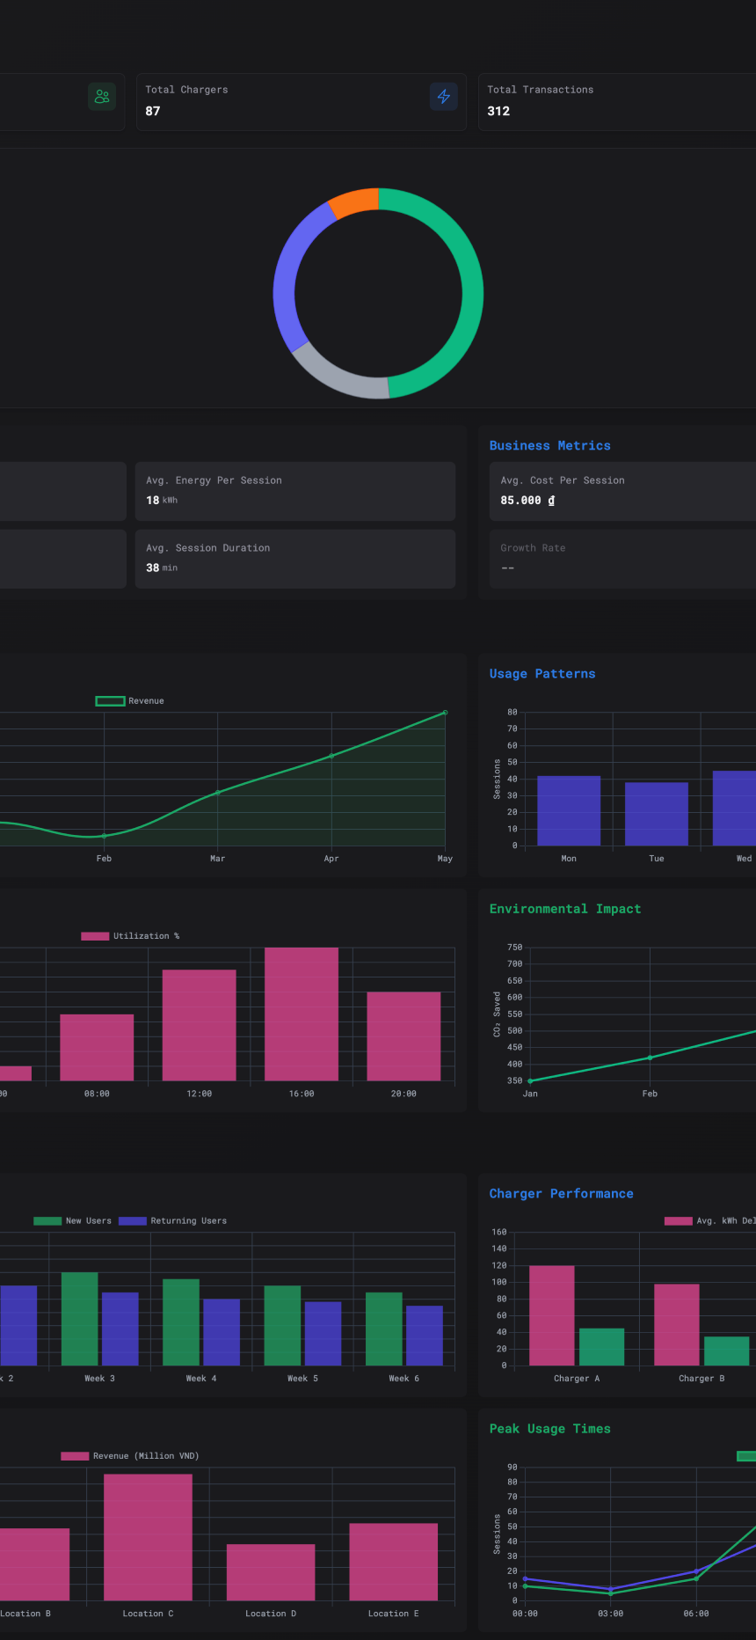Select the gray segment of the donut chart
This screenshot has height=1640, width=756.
click(338, 376)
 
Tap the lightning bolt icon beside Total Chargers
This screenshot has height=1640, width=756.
click(444, 97)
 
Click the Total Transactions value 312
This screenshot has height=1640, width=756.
click(498, 111)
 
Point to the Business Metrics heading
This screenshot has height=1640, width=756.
click(549, 446)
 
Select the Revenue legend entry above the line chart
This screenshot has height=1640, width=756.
click(130, 701)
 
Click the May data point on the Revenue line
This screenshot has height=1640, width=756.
click(445, 713)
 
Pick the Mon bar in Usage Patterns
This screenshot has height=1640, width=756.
click(569, 810)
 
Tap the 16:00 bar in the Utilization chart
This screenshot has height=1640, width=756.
click(302, 1014)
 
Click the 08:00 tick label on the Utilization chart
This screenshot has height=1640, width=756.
click(97, 1094)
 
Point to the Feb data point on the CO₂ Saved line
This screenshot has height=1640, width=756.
click(650, 1058)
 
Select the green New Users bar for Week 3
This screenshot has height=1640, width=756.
click(80, 1318)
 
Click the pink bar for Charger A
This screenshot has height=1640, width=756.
click(551, 1315)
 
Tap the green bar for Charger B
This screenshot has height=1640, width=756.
click(726, 1351)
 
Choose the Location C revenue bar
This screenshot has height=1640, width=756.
click(148, 1537)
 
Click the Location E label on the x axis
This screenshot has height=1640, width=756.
click(393, 1614)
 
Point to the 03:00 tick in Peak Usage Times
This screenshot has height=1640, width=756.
click(610, 1614)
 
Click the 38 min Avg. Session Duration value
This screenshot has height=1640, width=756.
click(161, 568)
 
